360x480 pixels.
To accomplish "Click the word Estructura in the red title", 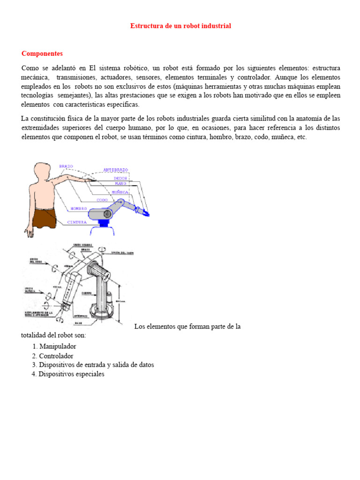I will tap(145, 26).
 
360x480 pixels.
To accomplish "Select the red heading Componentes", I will tap(42, 54).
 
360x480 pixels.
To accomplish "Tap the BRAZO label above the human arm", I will tap(66, 166).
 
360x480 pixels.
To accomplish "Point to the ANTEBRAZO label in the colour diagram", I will tap(116, 170).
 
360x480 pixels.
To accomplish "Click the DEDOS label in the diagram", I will tap(120, 178).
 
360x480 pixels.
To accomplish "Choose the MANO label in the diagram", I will tap(120, 184).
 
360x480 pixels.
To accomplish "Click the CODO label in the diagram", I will tap(102, 200).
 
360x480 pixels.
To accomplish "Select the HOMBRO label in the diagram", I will tap(79, 208).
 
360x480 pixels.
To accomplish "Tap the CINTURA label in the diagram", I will tap(77, 222).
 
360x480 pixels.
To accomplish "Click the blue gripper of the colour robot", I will tap(146, 213).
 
